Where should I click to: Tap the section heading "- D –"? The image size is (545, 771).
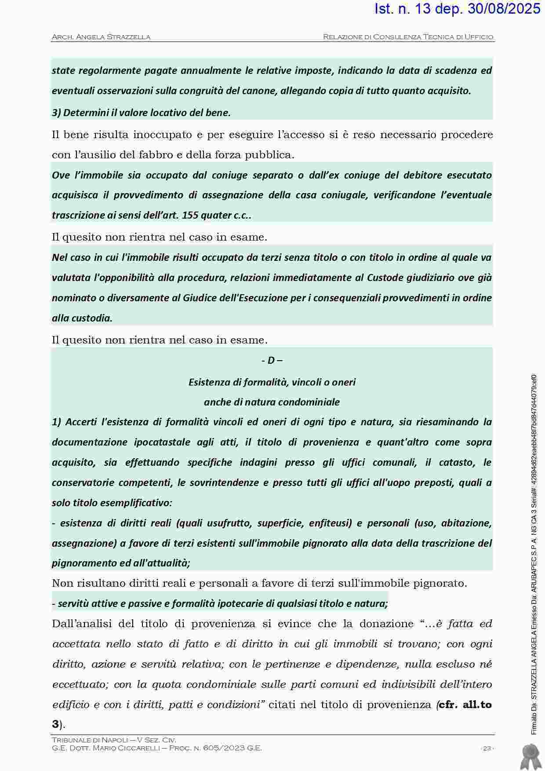click(x=272, y=361)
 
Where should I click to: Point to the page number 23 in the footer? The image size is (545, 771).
click(x=487, y=748)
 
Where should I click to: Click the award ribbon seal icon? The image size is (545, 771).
click(x=530, y=756)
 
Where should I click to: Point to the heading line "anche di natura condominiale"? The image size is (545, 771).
click(x=272, y=402)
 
